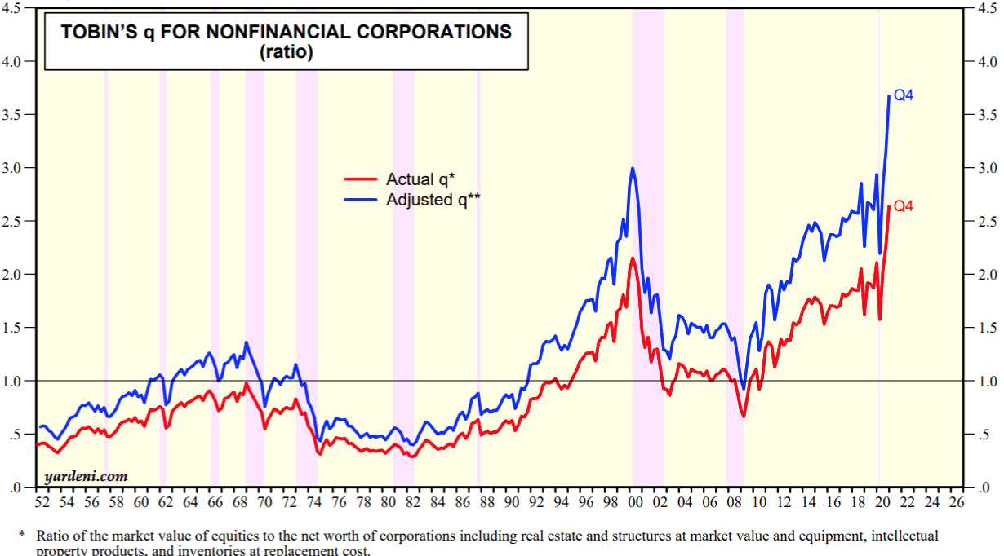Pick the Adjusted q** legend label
click(433, 198)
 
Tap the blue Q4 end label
click(904, 95)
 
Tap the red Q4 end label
click(904, 206)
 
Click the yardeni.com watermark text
click(86, 475)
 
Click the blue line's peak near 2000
click(633, 169)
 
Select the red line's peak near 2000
click(633, 258)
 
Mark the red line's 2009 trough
click(743, 417)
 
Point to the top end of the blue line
click(889, 96)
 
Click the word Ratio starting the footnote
click(52, 536)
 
